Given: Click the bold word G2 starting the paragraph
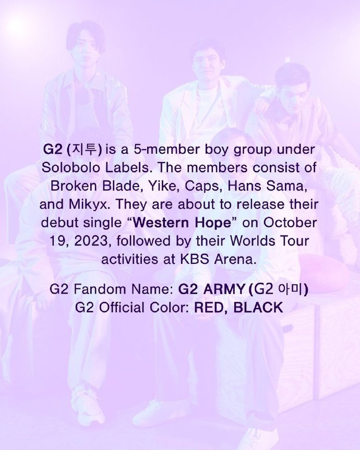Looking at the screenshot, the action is click(53, 150).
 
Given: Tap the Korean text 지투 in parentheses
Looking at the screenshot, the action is click(84, 150).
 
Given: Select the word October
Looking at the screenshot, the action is click(290, 223).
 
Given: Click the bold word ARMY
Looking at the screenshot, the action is click(224, 289).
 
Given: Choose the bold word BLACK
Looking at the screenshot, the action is click(258, 308).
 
